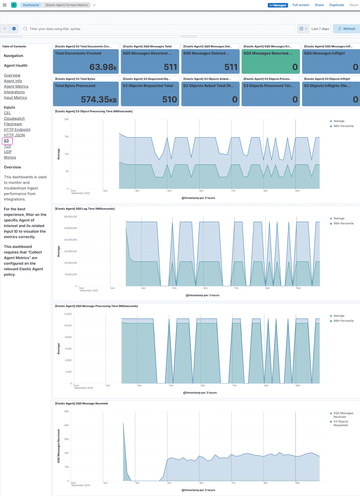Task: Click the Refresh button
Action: click(346, 29)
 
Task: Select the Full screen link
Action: click(301, 5)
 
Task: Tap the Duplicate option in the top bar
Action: click(336, 5)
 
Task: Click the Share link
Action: click(319, 5)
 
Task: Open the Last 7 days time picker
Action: click(320, 29)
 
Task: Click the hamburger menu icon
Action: click(5, 5)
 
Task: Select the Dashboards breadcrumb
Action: click(31, 5)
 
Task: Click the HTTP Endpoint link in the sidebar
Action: click(17, 129)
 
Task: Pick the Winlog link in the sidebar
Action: click(10, 157)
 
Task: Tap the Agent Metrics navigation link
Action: click(16, 86)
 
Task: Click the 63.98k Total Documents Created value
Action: click(103, 67)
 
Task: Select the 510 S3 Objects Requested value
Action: click(170, 100)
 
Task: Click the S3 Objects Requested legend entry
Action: click(340, 423)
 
